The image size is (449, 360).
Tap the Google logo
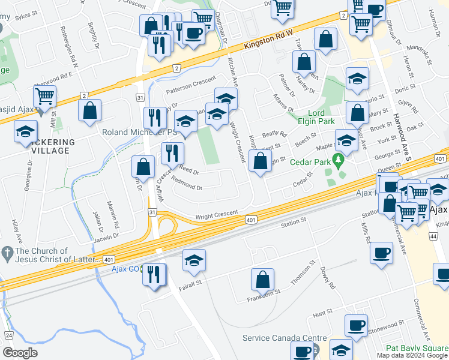[20, 353]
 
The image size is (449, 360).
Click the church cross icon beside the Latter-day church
[7, 251]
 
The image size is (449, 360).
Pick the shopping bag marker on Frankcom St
[262, 279]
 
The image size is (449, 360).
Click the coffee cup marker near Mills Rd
[382, 253]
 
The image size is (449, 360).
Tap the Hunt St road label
[322, 313]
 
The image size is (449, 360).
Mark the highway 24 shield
[8, 334]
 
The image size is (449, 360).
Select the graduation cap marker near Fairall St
[194, 260]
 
